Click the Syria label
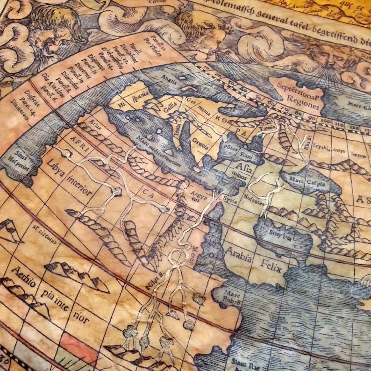coord(230,198)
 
